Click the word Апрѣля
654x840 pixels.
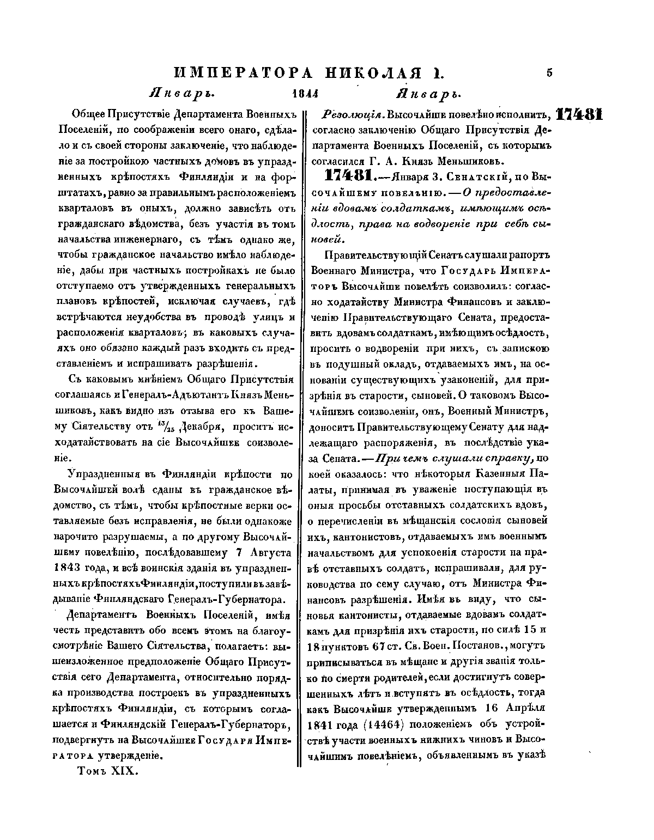[525, 710]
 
